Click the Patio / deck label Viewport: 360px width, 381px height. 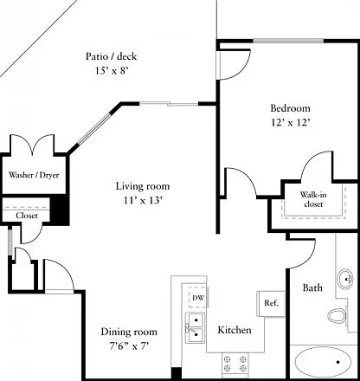point(111,56)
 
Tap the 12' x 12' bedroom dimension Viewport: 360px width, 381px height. point(291,123)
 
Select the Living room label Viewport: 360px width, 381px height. point(143,186)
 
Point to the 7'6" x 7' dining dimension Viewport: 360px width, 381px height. point(129,345)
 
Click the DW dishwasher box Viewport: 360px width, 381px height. point(198,297)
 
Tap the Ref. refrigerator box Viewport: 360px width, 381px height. point(271,304)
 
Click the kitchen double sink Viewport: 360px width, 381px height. point(195,328)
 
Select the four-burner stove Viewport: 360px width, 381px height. point(235,364)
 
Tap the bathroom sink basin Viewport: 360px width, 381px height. point(345,278)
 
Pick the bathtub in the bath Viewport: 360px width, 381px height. point(323,362)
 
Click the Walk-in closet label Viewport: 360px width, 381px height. point(313,199)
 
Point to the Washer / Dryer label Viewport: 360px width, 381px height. point(34,175)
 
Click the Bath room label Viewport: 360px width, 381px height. point(312,287)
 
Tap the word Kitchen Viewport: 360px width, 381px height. point(235,330)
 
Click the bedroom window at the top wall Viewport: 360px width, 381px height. point(288,41)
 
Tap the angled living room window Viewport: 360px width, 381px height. point(94,128)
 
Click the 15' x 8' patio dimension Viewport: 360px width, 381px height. point(112,71)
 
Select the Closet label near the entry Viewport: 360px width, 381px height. point(27,216)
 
